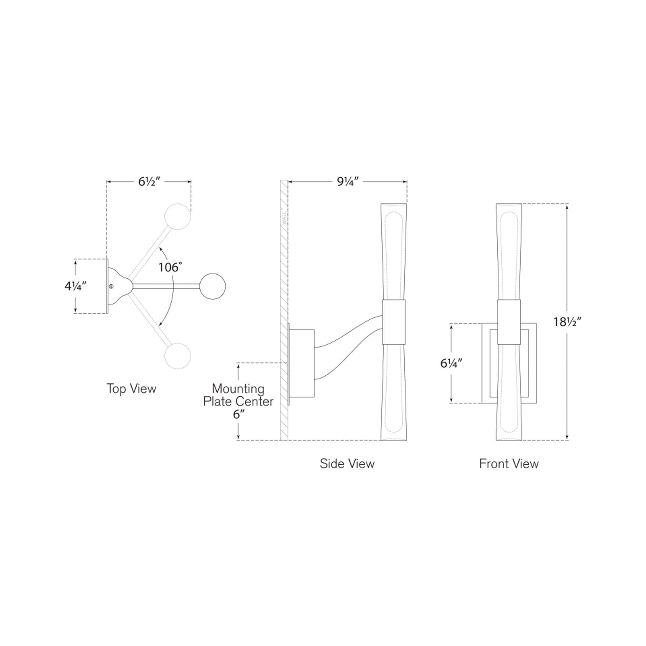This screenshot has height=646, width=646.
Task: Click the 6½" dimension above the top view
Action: pos(150,182)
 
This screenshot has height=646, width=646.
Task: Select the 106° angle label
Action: pos(171,267)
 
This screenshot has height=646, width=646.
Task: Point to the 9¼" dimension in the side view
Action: pos(348,182)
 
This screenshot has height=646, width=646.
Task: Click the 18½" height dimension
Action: pos(568,322)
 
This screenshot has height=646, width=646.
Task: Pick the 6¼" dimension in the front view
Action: pos(452,363)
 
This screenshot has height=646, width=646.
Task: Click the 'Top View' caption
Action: pos(131,389)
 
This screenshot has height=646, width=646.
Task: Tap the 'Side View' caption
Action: pos(347,464)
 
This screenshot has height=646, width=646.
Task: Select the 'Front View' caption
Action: pos(509,464)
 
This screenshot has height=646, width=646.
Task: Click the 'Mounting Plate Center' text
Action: pos(238,395)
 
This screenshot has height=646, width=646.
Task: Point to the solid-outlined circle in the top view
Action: pos(212,286)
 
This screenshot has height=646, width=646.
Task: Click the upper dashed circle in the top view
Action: pos(178,216)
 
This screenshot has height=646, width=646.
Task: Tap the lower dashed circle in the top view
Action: pos(178,356)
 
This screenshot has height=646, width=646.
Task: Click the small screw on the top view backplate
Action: pos(112,286)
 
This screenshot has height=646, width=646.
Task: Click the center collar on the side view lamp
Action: pos(393,322)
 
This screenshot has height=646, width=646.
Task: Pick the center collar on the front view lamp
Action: pos(509,322)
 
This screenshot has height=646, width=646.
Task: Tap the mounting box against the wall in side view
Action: pos(302,363)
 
